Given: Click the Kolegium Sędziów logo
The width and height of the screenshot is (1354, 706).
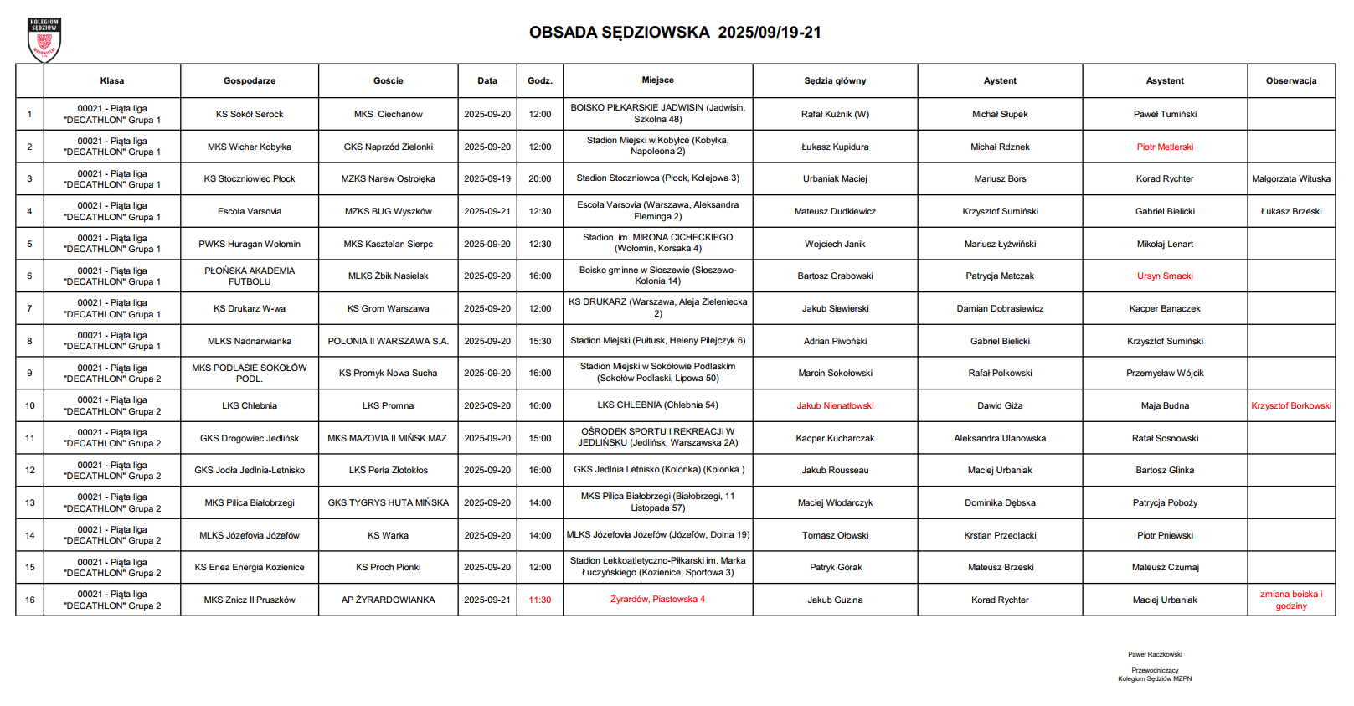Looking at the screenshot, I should click(x=44, y=39).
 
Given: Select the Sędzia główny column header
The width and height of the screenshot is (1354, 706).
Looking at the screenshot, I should click(x=835, y=81).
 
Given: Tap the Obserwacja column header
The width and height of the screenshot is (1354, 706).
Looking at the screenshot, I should click(x=1290, y=81).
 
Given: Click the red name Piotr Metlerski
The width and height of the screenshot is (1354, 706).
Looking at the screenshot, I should click(x=1165, y=147).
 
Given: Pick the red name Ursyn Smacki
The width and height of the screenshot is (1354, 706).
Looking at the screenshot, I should click(x=1165, y=276).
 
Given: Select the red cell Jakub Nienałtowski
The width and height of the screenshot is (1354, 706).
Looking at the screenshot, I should click(x=835, y=406).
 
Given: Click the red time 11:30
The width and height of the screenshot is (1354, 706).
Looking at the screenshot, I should click(x=540, y=600).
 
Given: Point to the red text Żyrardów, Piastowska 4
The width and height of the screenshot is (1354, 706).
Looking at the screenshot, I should click(x=657, y=600).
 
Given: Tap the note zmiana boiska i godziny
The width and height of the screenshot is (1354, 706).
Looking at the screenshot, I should click(x=1290, y=600).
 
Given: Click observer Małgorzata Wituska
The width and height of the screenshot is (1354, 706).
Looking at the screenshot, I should click(x=1290, y=179).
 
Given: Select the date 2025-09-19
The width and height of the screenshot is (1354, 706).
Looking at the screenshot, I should click(x=487, y=179).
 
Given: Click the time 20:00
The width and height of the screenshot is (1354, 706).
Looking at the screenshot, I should click(x=540, y=179).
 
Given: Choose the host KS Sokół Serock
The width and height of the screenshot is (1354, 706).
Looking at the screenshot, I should click(x=250, y=115).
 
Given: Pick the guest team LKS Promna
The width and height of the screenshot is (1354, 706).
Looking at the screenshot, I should click(x=388, y=406).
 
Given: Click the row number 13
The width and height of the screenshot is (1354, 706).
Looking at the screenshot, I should click(x=30, y=503).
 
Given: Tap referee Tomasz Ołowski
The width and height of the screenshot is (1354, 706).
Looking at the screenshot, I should click(x=835, y=536).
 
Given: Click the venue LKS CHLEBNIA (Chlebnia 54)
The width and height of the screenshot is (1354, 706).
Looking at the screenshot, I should click(x=657, y=405).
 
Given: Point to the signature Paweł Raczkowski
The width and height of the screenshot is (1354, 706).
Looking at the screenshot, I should click(x=1155, y=655).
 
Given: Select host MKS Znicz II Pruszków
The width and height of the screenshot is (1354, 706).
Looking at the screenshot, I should click(x=250, y=600).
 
